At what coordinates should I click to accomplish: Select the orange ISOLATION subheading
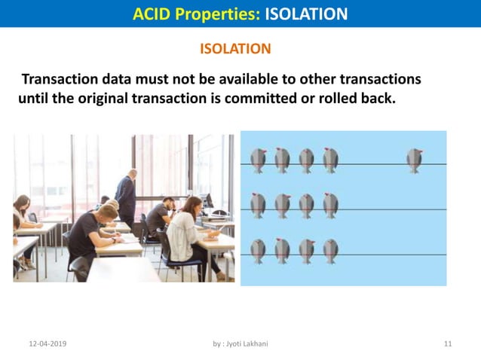235,49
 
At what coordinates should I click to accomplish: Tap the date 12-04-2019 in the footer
47,343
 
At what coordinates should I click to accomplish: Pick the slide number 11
448,343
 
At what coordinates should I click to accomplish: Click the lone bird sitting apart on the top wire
414,160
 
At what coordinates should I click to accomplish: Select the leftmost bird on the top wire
258,160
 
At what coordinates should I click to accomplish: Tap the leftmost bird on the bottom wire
258,251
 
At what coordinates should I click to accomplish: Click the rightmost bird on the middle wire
330,205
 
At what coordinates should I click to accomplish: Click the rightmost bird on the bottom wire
330,251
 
